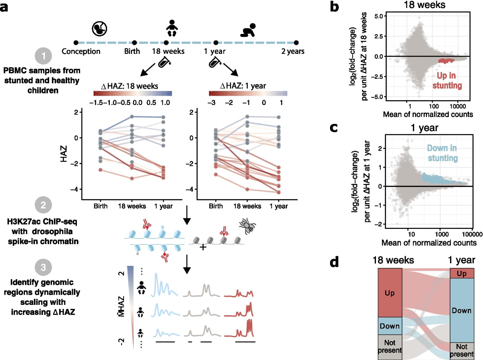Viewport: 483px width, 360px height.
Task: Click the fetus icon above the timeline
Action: click(99, 29)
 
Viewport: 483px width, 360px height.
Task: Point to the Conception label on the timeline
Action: click(81, 51)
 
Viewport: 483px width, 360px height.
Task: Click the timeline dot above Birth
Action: click(134, 42)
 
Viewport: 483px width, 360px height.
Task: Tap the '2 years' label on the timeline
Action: click(293, 51)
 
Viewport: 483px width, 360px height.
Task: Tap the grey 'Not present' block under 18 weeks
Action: click(390, 347)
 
